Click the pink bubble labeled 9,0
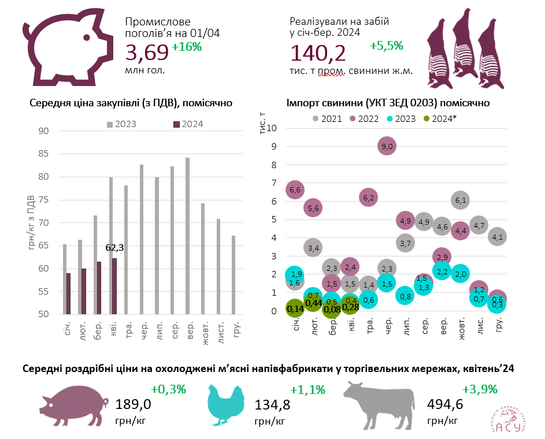387,147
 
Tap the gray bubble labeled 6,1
460,200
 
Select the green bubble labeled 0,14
295,308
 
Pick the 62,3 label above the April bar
114,248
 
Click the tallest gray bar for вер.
187,236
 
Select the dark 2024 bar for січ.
68,294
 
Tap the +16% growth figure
187,47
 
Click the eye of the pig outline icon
86,38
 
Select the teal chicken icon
226,405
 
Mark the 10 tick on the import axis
273,129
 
